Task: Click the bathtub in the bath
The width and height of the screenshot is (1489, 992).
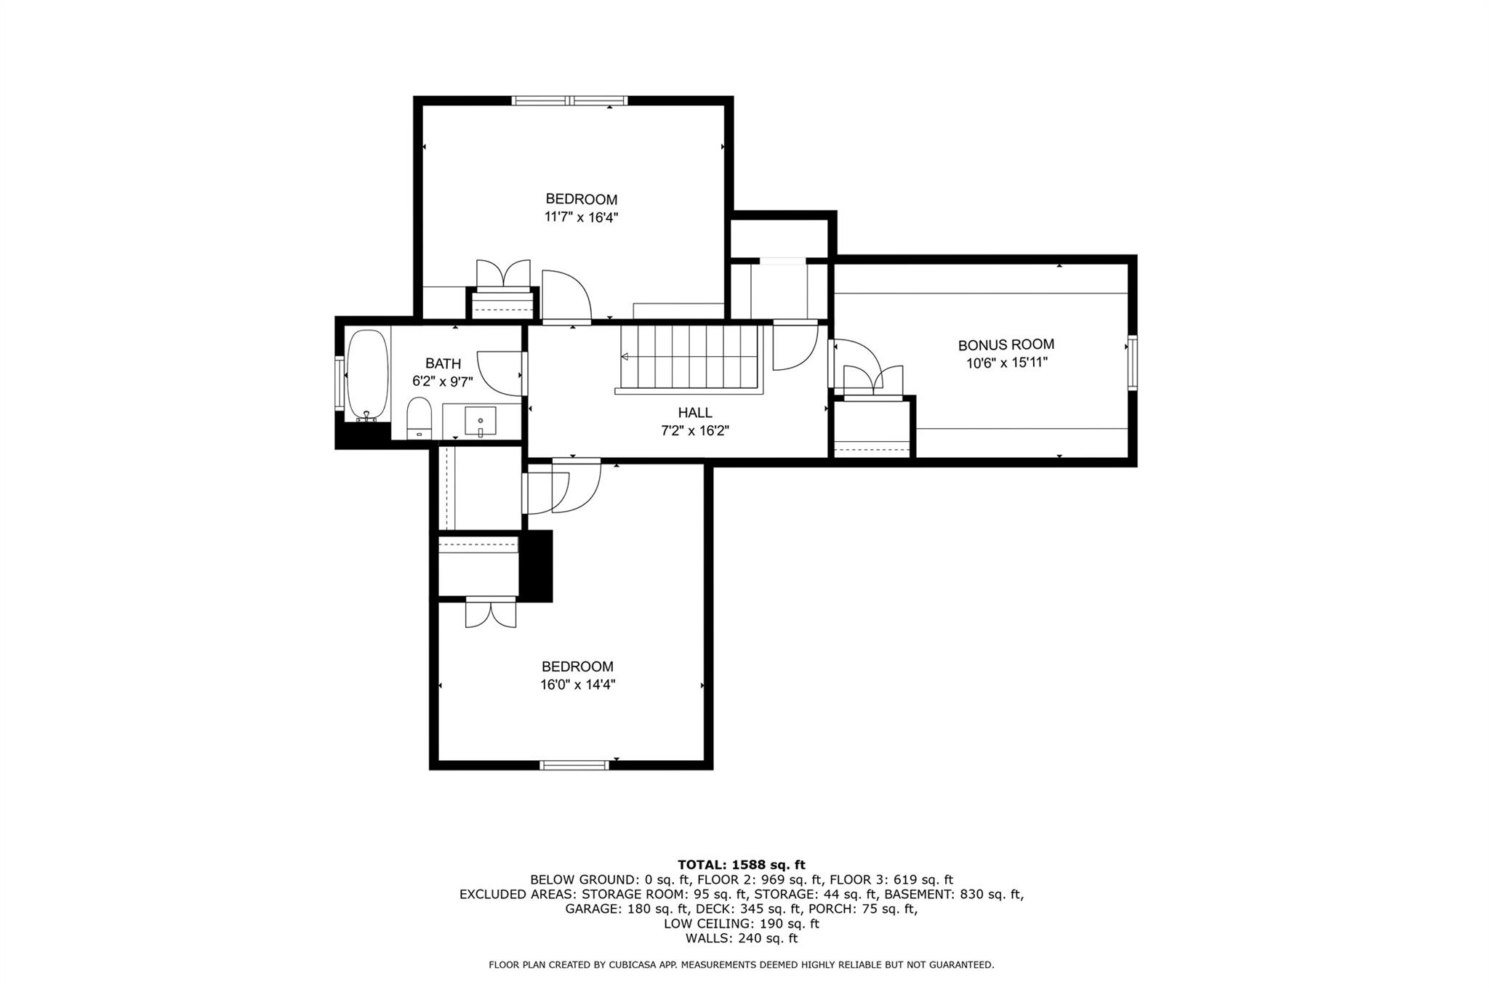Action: click(367, 376)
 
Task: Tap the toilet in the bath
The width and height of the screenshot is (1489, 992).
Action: click(419, 418)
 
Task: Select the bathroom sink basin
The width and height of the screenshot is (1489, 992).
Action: click(481, 422)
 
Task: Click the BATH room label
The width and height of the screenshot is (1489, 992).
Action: click(443, 363)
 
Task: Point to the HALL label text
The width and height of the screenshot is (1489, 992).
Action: click(695, 413)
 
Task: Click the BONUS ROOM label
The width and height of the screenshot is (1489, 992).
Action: click(1006, 345)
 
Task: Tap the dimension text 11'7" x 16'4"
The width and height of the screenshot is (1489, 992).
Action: click(582, 217)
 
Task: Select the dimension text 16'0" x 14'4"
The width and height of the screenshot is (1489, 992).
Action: click(578, 684)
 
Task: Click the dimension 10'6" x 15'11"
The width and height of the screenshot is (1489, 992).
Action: click(1006, 363)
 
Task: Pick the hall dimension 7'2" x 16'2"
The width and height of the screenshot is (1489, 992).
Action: click(694, 430)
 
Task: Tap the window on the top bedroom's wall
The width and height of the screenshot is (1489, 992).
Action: click(569, 100)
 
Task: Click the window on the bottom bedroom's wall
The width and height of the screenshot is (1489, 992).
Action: click(574, 765)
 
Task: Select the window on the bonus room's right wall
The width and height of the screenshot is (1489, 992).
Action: click(1132, 362)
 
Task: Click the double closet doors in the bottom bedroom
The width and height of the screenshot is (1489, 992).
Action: click(491, 613)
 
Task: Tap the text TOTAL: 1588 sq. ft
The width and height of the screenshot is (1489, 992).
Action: click(742, 865)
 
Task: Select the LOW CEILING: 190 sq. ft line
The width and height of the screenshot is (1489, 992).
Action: click(742, 924)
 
